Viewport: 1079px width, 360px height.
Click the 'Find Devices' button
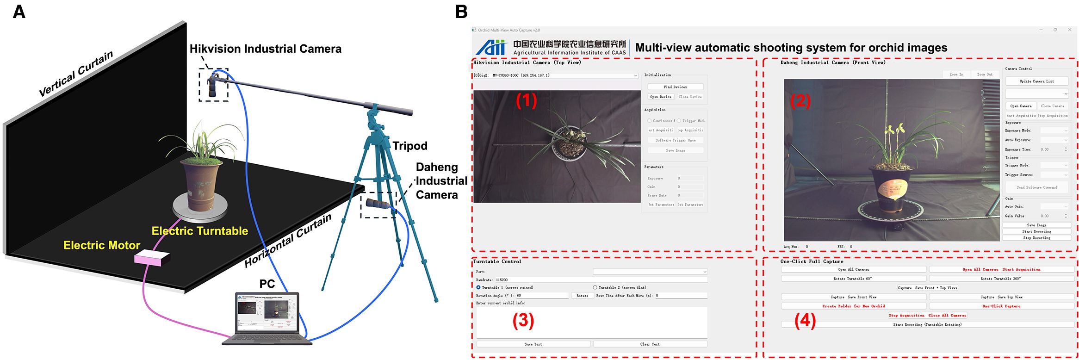[x=675, y=87]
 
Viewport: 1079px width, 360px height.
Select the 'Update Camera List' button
[x=1036, y=81]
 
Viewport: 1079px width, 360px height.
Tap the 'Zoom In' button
[x=956, y=74]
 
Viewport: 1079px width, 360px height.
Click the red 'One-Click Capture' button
[x=1001, y=306]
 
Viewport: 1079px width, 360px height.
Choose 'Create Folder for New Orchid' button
[x=853, y=306]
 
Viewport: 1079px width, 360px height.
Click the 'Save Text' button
[x=533, y=344]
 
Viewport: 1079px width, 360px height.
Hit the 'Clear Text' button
[x=650, y=344]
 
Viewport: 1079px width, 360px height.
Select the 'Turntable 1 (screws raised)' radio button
[x=478, y=287]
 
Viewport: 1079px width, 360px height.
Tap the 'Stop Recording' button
[x=1036, y=238]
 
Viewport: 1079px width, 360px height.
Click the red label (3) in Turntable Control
[x=523, y=321]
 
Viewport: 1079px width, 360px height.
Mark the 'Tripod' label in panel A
[x=410, y=146]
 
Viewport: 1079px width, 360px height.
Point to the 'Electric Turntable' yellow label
[x=200, y=231]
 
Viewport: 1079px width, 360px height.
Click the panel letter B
[x=461, y=12]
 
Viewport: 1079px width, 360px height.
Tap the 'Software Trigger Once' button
[x=675, y=140]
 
